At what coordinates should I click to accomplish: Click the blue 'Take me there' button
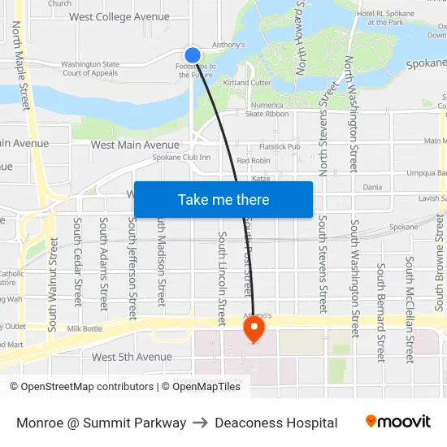[223, 199]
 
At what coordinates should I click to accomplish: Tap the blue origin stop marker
[193, 53]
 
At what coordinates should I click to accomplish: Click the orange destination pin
[254, 328]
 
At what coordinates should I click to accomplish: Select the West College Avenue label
[119, 17]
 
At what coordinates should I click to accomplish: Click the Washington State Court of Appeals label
[89, 68]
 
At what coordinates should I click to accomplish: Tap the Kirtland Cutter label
[247, 83]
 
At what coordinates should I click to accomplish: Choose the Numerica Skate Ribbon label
[267, 110]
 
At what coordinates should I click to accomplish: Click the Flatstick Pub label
[280, 147]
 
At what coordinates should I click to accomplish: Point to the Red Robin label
[254, 161]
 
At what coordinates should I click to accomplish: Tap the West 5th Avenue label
[132, 357]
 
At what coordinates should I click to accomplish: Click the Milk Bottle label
[85, 328]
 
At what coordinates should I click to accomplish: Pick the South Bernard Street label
[380, 312]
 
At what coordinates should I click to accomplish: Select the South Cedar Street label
[78, 262]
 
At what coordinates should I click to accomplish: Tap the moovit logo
[397, 422]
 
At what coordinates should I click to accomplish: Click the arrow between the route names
[200, 423]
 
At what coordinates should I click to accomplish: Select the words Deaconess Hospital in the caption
[276, 423]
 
